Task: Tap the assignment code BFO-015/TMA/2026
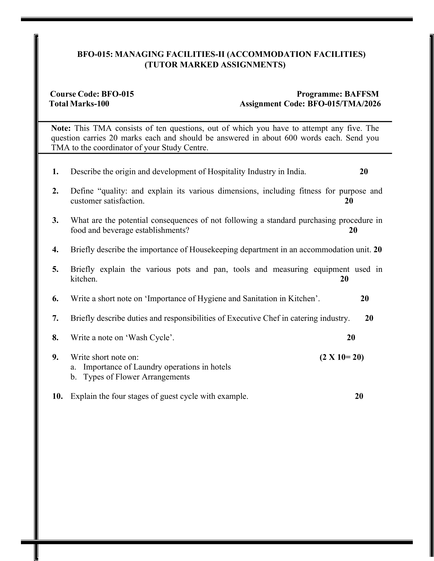tap(344, 104)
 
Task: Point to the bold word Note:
tap(61, 128)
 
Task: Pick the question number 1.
tap(55, 171)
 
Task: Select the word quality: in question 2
tap(114, 191)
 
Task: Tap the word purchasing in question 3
tap(317, 220)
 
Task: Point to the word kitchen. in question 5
tap(84, 279)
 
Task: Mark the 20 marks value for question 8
tap(351, 337)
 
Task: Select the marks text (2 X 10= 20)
tap(341, 357)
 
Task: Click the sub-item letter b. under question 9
tap(74, 377)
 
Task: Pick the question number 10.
tap(57, 396)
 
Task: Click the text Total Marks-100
tap(79, 104)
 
